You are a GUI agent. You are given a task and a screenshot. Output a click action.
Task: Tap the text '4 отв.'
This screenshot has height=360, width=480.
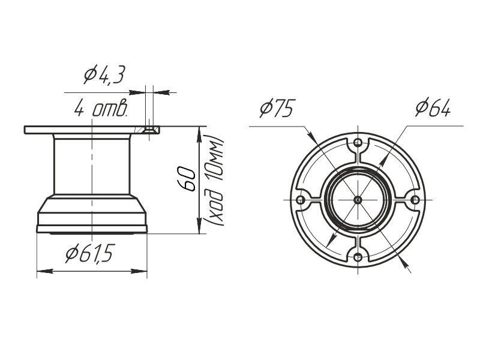tap(101, 107)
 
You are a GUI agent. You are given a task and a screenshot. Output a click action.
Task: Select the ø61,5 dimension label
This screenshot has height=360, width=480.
tap(89, 253)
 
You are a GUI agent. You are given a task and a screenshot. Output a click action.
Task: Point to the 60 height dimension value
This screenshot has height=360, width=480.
tap(187, 179)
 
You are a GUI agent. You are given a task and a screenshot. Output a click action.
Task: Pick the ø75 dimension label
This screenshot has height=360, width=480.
tap(277, 108)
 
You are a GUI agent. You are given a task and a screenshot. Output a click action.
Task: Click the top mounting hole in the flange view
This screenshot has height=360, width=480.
tap(358, 143)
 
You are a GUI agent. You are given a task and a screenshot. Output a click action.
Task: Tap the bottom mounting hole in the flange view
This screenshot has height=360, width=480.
tap(358, 257)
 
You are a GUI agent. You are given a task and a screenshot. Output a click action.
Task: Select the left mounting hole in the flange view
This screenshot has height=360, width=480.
tap(301, 200)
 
